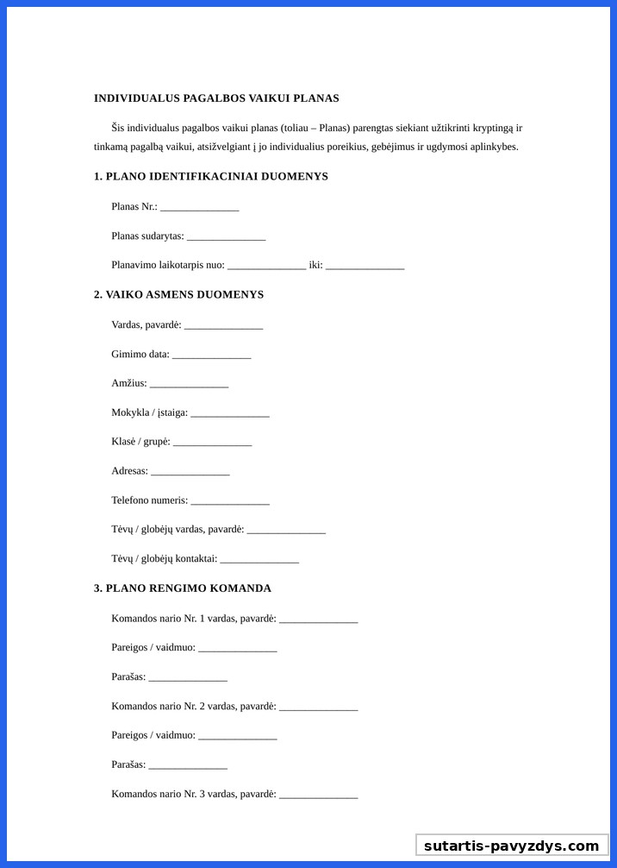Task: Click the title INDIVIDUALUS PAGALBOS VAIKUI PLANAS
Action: pyautogui.click(x=216, y=98)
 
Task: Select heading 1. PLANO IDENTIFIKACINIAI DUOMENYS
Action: pyautogui.click(x=211, y=177)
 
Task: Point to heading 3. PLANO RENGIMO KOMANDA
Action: pyautogui.click(x=183, y=588)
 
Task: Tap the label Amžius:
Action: pyautogui.click(x=129, y=383)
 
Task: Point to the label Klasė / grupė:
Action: pyautogui.click(x=140, y=442)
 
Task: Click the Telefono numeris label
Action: pyautogui.click(x=149, y=500)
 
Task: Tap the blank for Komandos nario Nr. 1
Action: pyautogui.click(x=318, y=620)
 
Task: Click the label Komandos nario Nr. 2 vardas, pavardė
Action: pyautogui.click(x=193, y=707)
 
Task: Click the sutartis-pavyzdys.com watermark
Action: pyautogui.click(x=512, y=846)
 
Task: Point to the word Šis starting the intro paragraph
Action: pyautogui.click(x=120, y=128)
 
